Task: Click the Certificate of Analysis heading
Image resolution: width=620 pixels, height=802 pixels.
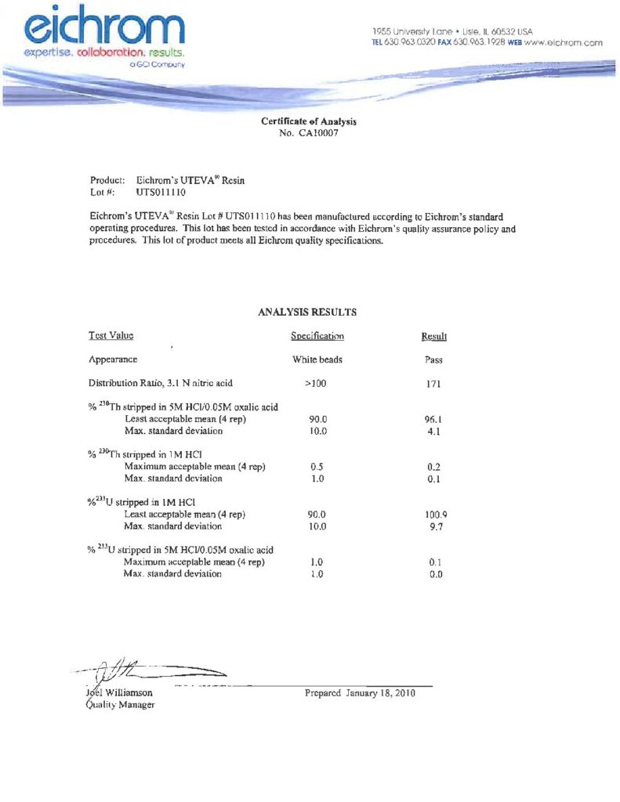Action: click(x=309, y=121)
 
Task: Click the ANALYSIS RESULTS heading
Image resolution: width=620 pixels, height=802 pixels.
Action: click(x=307, y=312)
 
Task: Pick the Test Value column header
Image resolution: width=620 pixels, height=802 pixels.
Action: click(x=111, y=336)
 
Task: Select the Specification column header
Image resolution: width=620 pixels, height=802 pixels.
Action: click(x=317, y=336)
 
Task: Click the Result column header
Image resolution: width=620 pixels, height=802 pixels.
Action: click(x=433, y=337)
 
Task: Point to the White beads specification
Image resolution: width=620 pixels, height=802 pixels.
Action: click(x=317, y=360)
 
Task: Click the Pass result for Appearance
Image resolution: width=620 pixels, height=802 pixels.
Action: click(x=433, y=361)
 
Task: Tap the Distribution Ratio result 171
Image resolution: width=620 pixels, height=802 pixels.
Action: click(x=434, y=385)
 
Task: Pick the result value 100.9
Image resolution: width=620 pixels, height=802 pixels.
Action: click(x=436, y=515)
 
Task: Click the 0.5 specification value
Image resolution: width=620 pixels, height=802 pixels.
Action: click(x=317, y=467)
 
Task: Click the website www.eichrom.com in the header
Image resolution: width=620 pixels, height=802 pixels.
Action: click(x=563, y=42)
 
